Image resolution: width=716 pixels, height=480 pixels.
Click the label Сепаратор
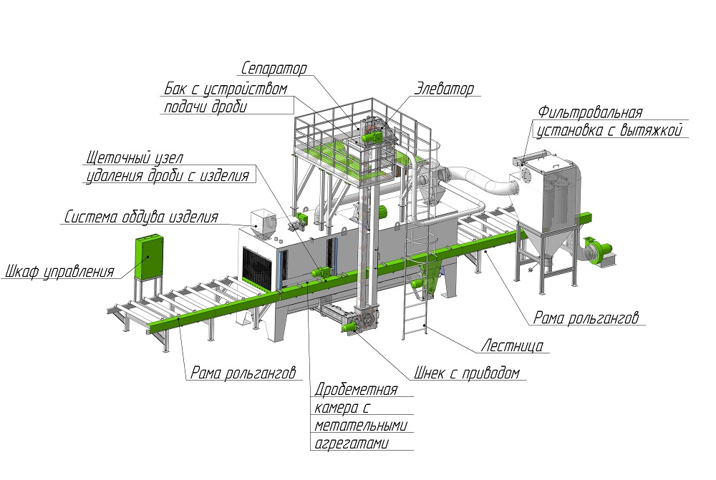click(x=274, y=69)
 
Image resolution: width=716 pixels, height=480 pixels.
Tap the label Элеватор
click(x=443, y=89)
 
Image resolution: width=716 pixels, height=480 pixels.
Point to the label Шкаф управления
click(x=60, y=272)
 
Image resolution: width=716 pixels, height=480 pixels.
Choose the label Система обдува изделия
click(x=141, y=217)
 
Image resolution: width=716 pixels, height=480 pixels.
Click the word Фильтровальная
click(x=591, y=113)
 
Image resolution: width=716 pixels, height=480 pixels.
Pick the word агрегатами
click(x=352, y=444)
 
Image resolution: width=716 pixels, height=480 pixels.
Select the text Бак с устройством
click(x=226, y=90)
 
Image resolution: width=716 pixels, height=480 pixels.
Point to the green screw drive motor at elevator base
click(x=349, y=324)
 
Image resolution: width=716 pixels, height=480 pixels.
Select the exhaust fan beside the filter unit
click(x=599, y=250)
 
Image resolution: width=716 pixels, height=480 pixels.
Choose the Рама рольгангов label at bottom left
click(x=243, y=372)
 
